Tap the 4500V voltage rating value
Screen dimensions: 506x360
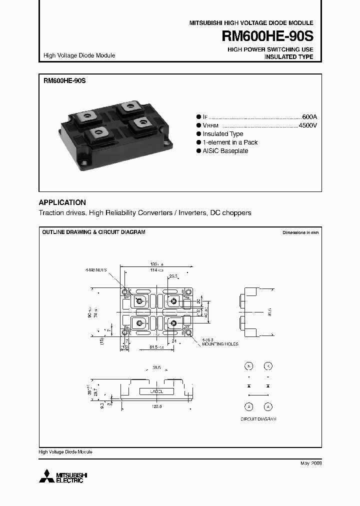pos(307,125)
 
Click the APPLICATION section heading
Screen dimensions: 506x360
pos(62,202)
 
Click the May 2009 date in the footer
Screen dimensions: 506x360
pos(310,463)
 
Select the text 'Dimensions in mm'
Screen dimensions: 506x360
pos(300,232)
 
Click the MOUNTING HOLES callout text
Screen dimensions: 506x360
pos(220,344)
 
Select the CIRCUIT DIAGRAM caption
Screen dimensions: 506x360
pos(258,418)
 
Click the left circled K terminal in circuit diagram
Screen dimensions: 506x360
pos(249,366)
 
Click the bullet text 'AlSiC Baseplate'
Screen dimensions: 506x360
pos(225,151)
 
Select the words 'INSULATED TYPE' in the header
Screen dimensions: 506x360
pos(288,57)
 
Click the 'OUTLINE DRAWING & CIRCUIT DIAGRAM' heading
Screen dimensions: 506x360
pos(93,232)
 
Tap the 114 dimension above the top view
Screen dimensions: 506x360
pos(158,270)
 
